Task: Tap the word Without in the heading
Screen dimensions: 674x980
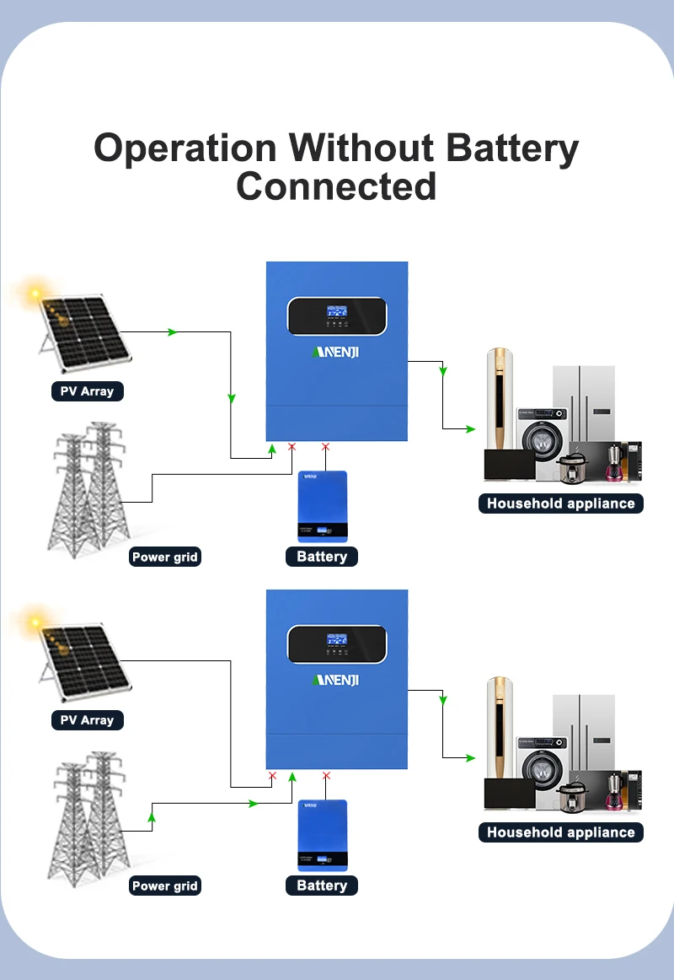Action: [x=361, y=148]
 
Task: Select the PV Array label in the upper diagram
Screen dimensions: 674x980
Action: [x=88, y=391]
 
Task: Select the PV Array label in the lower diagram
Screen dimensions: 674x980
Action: [x=88, y=720]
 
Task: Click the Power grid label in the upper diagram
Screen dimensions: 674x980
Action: [x=165, y=557]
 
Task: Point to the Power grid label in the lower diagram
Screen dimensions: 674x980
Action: [x=165, y=886]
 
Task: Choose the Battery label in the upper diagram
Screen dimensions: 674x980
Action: [x=322, y=557]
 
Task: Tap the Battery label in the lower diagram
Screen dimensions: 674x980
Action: [x=322, y=885]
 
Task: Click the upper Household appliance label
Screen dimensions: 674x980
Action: [x=561, y=503]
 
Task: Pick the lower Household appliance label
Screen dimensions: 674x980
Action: [x=561, y=832]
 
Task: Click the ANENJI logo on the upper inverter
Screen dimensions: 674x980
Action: [x=336, y=352]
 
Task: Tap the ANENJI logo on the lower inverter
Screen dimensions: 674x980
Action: [x=336, y=680]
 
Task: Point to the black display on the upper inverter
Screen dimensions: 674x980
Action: [x=337, y=316]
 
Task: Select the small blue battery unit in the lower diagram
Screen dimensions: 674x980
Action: [x=323, y=835]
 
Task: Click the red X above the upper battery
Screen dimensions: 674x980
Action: [x=325, y=446]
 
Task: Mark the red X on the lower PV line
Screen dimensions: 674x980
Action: [x=272, y=776]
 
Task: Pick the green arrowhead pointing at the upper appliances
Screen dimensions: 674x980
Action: [x=471, y=428]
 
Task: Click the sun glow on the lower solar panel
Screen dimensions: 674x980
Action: [x=35, y=622]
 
